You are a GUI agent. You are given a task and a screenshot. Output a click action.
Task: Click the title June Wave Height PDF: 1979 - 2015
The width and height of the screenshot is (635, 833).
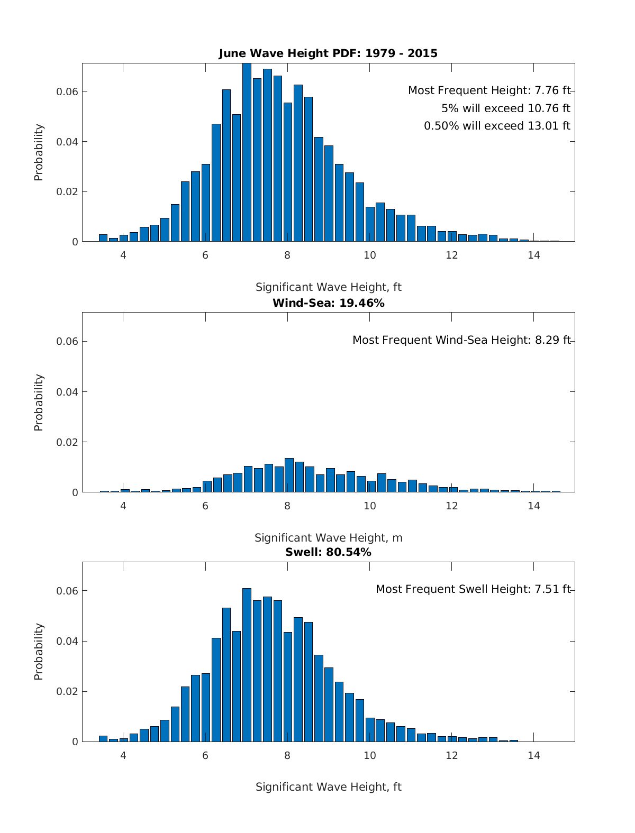(328, 53)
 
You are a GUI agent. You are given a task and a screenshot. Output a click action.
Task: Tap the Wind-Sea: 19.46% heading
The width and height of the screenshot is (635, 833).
(328, 303)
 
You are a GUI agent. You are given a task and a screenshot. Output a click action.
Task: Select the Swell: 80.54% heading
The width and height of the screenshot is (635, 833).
(328, 553)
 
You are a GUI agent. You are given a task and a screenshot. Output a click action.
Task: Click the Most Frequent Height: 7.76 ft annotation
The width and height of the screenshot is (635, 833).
(489, 90)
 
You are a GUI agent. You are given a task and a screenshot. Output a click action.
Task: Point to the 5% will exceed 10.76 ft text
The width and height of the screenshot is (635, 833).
(505, 108)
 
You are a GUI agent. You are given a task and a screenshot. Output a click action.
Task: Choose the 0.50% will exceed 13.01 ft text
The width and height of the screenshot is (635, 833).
(497, 126)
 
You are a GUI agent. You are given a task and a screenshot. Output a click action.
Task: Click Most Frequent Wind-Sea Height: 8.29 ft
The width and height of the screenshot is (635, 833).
(461, 340)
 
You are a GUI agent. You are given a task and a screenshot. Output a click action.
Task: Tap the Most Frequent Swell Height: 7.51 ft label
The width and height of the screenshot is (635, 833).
(473, 589)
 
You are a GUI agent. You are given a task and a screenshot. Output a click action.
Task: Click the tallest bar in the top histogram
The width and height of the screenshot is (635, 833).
(247, 153)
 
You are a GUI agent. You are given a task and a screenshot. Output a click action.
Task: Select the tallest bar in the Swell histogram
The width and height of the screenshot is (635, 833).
(247, 665)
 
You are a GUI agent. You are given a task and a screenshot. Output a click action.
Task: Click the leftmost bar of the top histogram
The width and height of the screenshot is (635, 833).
(103, 238)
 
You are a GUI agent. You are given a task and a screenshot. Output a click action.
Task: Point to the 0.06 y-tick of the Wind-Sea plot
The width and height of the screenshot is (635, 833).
(67, 342)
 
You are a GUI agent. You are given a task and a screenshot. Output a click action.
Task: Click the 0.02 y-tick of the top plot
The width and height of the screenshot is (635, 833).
(67, 192)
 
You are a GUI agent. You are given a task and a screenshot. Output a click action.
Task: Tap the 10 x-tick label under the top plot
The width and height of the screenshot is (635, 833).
(369, 255)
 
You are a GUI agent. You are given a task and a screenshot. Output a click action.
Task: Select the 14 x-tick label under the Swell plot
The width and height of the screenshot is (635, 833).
(534, 755)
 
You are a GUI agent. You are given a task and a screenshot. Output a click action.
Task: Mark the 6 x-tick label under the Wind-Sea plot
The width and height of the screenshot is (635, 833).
(205, 506)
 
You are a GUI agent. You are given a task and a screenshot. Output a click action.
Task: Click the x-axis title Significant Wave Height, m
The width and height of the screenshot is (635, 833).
(328, 538)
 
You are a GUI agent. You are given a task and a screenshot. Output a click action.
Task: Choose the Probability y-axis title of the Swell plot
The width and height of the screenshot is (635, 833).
(39, 652)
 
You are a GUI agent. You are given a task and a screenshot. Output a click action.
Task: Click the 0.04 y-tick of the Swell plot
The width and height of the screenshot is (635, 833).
(67, 641)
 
